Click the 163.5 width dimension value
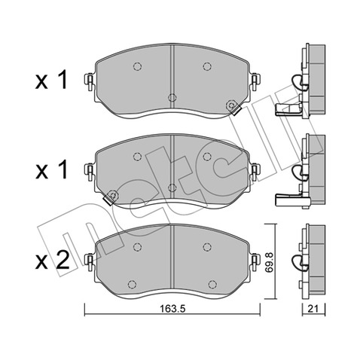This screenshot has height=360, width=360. tap(172, 309)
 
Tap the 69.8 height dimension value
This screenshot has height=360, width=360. tap(270, 263)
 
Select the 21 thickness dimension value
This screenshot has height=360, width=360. tap(313, 309)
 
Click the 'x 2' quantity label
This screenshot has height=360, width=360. tap(52, 261)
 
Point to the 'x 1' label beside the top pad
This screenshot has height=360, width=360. tap(51, 80)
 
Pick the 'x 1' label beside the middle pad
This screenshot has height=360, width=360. tap(51, 170)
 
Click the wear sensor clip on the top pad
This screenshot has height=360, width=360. tap(233, 107)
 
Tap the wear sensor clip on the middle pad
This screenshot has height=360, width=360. tap(111, 197)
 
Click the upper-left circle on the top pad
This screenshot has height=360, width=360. tap(137, 66)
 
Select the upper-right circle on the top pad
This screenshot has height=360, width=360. tap(207, 66)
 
